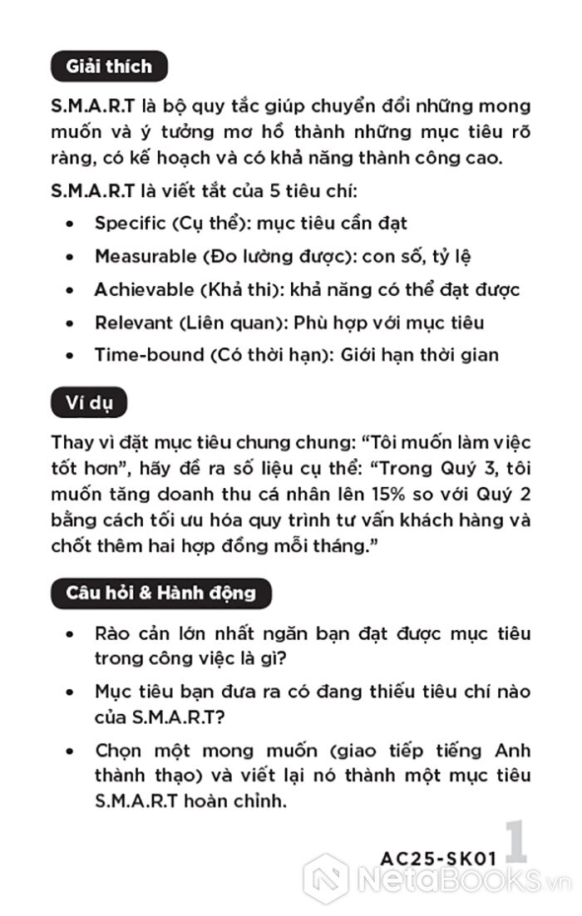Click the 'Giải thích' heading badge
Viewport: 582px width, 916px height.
pyautogui.click(x=108, y=66)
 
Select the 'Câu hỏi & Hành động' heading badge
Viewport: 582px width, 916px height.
pyautogui.click(x=160, y=593)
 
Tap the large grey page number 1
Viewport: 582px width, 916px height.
pyautogui.click(x=515, y=844)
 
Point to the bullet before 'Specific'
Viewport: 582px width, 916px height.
pyautogui.click(x=71, y=224)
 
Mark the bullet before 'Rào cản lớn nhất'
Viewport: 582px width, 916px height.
pyautogui.click(x=71, y=635)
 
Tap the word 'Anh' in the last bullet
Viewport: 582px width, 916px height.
pyautogui.click(x=512, y=751)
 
